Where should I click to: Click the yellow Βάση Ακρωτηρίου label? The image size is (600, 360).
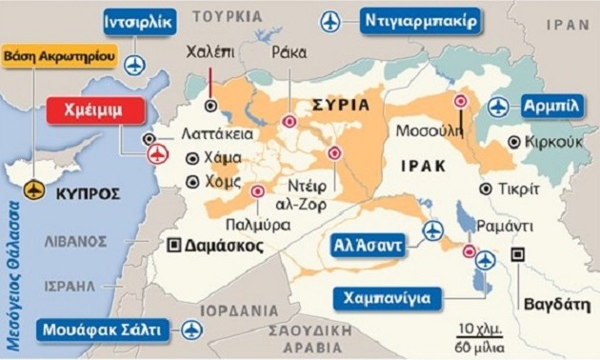click(x=60, y=57)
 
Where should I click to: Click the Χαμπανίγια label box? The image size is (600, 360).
click(x=387, y=298)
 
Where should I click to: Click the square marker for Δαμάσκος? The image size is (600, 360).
click(x=173, y=245)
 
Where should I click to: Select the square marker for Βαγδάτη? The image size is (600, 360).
click(x=518, y=253)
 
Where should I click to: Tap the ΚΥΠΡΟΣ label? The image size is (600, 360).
click(x=87, y=192)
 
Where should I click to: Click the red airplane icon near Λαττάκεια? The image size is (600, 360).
click(x=157, y=155)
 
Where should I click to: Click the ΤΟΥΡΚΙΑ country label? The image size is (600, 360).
click(x=228, y=16)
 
